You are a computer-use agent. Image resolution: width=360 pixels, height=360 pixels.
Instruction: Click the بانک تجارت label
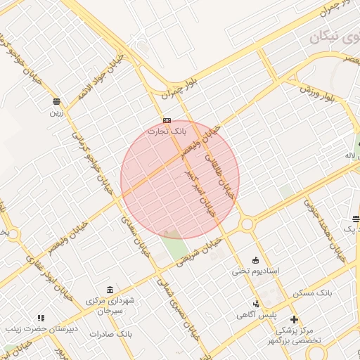[167, 131]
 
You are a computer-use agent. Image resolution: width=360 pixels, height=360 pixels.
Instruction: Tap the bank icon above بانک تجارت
[167, 120]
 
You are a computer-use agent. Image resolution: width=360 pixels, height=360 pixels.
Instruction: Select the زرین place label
[56, 112]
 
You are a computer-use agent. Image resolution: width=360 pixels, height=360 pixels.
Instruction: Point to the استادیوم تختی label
[257, 271]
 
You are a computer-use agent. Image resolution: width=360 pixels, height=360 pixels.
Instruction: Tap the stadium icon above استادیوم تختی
[255, 260]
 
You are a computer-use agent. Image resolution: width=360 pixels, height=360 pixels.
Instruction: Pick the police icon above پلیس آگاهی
[256, 304]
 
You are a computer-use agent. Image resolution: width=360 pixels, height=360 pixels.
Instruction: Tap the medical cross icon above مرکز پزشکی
[294, 320]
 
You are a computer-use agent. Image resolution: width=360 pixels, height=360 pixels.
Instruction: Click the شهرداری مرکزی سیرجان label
[114, 305]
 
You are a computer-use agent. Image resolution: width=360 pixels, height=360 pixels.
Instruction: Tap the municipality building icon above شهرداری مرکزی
[110, 290]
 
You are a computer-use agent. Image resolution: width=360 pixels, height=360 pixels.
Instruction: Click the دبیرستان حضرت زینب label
[41, 328]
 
